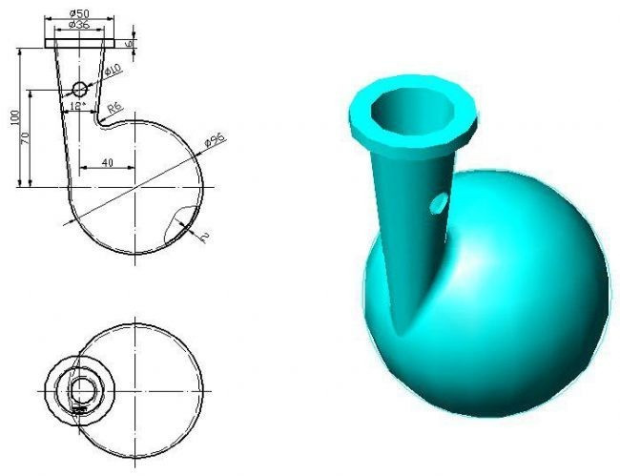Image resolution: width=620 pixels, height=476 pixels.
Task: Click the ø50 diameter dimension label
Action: tap(79, 13)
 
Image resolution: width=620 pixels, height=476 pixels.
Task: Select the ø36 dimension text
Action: tap(79, 25)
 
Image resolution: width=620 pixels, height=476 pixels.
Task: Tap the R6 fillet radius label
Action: tap(114, 109)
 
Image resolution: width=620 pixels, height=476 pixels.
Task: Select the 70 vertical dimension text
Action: tap(27, 137)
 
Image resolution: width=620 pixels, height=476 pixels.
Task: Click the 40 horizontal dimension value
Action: tap(107, 163)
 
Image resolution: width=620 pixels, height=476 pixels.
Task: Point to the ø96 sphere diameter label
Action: tap(215, 141)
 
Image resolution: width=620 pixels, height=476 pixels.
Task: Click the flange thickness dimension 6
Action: tap(131, 42)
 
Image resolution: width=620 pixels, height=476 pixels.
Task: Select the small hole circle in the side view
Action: tap(80, 89)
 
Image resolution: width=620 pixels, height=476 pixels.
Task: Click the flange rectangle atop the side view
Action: tap(79, 43)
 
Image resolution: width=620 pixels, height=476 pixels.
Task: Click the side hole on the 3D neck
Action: tap(439, 202)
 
